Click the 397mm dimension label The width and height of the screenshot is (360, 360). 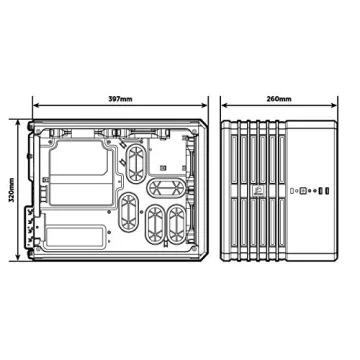click(120, 99)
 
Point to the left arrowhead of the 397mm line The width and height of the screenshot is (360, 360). click(35, 107)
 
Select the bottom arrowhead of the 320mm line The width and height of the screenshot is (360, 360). click(20, 258)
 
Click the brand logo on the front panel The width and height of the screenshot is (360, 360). click(287, 189)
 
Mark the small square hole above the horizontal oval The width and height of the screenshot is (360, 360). click(162, 166)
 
